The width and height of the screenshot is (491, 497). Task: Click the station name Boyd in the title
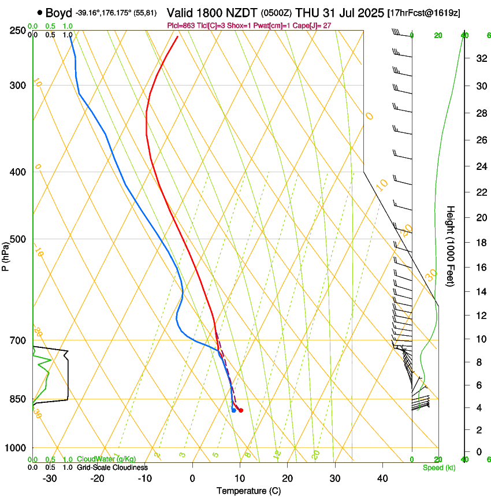58,12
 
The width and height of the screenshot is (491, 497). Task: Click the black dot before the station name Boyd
39,12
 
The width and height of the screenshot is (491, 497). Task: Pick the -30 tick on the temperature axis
50,479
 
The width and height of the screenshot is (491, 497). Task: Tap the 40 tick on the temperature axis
382,479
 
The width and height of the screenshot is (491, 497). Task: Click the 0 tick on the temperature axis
192,479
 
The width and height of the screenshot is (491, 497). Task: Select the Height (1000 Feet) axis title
451,246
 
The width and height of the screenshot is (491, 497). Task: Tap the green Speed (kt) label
438,468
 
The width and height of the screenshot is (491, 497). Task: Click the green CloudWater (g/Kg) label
106,459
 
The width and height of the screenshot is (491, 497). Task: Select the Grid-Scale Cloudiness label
111,468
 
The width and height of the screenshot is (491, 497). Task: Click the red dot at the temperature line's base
241,410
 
